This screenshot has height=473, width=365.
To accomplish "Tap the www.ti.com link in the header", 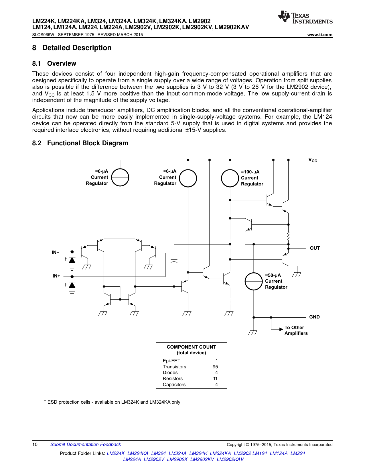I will [x=320, y=35].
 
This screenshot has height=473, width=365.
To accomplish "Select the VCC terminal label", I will [x=313, y=160].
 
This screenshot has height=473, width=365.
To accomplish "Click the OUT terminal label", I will [x=315, y=248].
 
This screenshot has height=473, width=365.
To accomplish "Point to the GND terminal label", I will [x=314, y=317].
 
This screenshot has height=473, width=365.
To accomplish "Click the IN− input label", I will [x=55, y=253].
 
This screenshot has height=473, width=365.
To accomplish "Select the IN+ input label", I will [x=56, y=276].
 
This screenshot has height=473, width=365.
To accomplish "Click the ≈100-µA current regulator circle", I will [x=230, y=178].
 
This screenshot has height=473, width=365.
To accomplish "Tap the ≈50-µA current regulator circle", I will [x=254, y=281].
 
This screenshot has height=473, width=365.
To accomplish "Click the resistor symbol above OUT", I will [x=288, y=236].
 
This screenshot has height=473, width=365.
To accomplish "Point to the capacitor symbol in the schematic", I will [x=174, y=261].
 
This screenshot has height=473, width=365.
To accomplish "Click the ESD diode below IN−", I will [x=72, y=260].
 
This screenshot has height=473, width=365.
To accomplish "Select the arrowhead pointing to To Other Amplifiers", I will [x=281, y=329].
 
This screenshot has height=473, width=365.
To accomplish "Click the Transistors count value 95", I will [x=215, y=367].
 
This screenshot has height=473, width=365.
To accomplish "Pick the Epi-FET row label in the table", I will [x=171, y=361].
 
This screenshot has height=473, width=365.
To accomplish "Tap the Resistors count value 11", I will [x=215, y=378].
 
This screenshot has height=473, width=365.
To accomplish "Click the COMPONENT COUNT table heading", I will [x=191, y=347].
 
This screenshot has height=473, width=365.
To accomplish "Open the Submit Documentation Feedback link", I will [x=86, y=444].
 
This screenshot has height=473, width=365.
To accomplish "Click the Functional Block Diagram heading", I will [x=88, y=143].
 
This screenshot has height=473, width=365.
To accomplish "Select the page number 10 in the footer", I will [x=35, y=444].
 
